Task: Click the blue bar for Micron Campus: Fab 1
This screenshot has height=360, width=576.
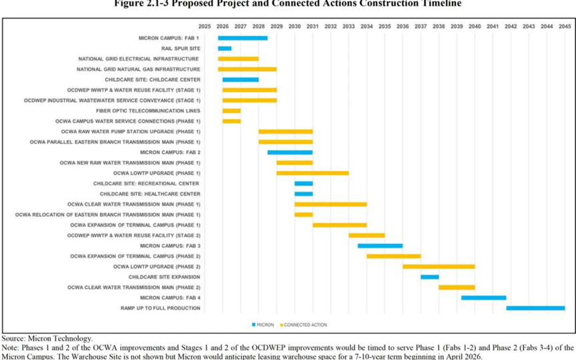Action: click(x=242, y=38)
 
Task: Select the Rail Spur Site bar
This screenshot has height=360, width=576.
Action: click(x=224, y=49)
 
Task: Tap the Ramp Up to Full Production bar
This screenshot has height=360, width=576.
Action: click(x=535, y=308)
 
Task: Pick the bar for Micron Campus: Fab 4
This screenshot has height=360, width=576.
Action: click(x=483, y=297)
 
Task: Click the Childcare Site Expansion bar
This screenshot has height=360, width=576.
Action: click(x=429, y=277)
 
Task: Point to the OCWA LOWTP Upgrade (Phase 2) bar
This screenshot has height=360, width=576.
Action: click(x=439, y=266)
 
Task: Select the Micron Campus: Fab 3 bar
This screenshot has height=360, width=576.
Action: click(x=380, y=246)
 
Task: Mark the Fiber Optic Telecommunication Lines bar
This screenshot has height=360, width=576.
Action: click(x=232, y=111)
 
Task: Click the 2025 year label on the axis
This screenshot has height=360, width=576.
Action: click(x=205, y=26)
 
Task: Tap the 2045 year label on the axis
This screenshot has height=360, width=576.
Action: click(x=565, y=26)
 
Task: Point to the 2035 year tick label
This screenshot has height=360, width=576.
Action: click(x=384, y=26)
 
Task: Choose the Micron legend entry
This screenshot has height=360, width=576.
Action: click(x=262, y=325)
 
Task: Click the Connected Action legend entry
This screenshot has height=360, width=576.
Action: click(x=304, y=325)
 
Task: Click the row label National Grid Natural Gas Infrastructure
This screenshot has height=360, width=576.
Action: click(x=138, y=69)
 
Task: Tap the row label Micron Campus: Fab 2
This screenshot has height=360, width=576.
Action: click(x=170, y=152)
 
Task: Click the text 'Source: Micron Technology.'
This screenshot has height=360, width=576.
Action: click(x=47, y=339)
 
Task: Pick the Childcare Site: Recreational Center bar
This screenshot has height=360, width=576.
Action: click(x=304, y=184)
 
